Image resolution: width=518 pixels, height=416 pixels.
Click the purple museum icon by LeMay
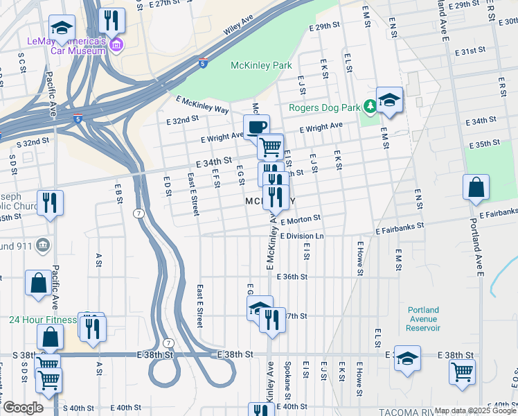coord(116,46)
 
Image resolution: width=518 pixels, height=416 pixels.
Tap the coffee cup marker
coord(256,127)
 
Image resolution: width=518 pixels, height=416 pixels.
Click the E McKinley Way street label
coord(202,105)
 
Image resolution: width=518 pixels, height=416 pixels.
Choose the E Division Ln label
coord(302,236)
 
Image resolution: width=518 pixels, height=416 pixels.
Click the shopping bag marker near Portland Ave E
coord(476,188)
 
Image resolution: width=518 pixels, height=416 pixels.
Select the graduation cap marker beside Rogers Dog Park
coord(389,101)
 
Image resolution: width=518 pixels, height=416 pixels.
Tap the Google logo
coord(23,408)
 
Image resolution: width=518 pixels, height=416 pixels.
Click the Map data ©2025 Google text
coord(475,410)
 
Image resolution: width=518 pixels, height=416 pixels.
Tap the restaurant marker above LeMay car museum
coord(111,20)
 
